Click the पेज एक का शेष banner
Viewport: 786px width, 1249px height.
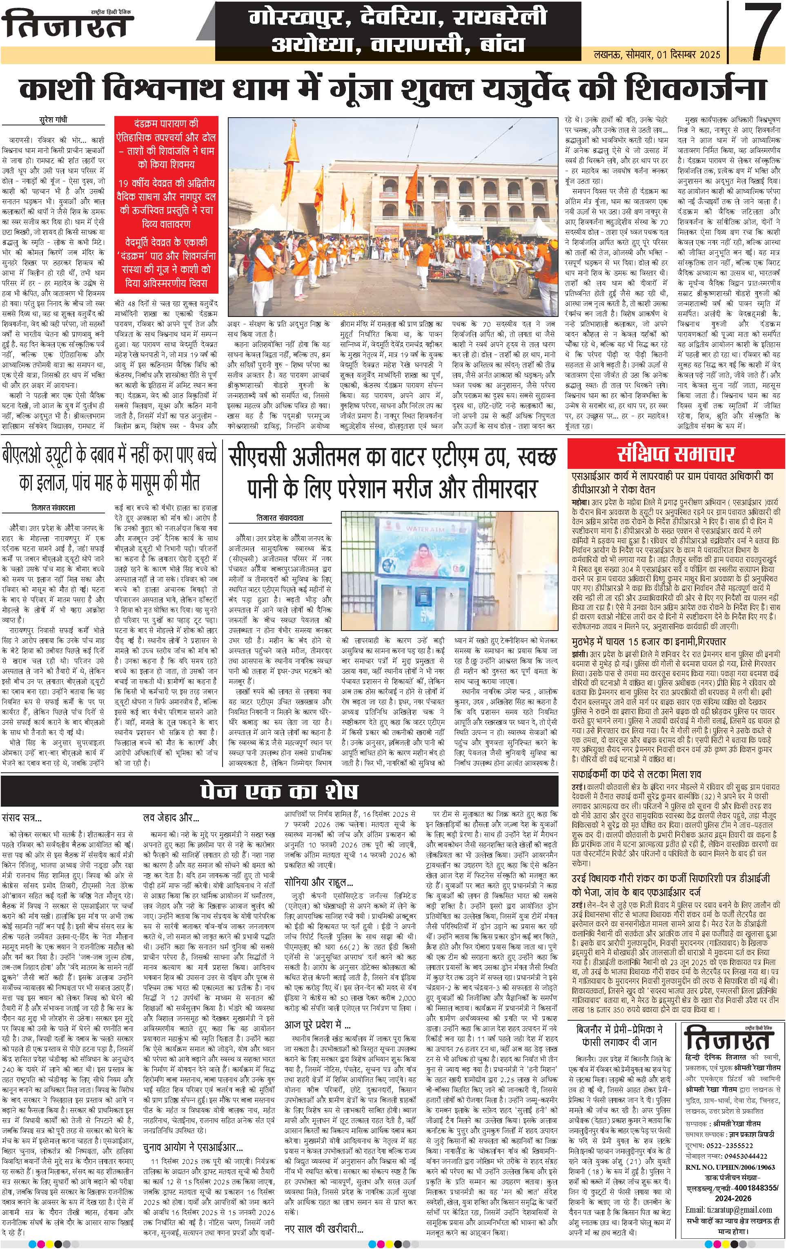point(280,790)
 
